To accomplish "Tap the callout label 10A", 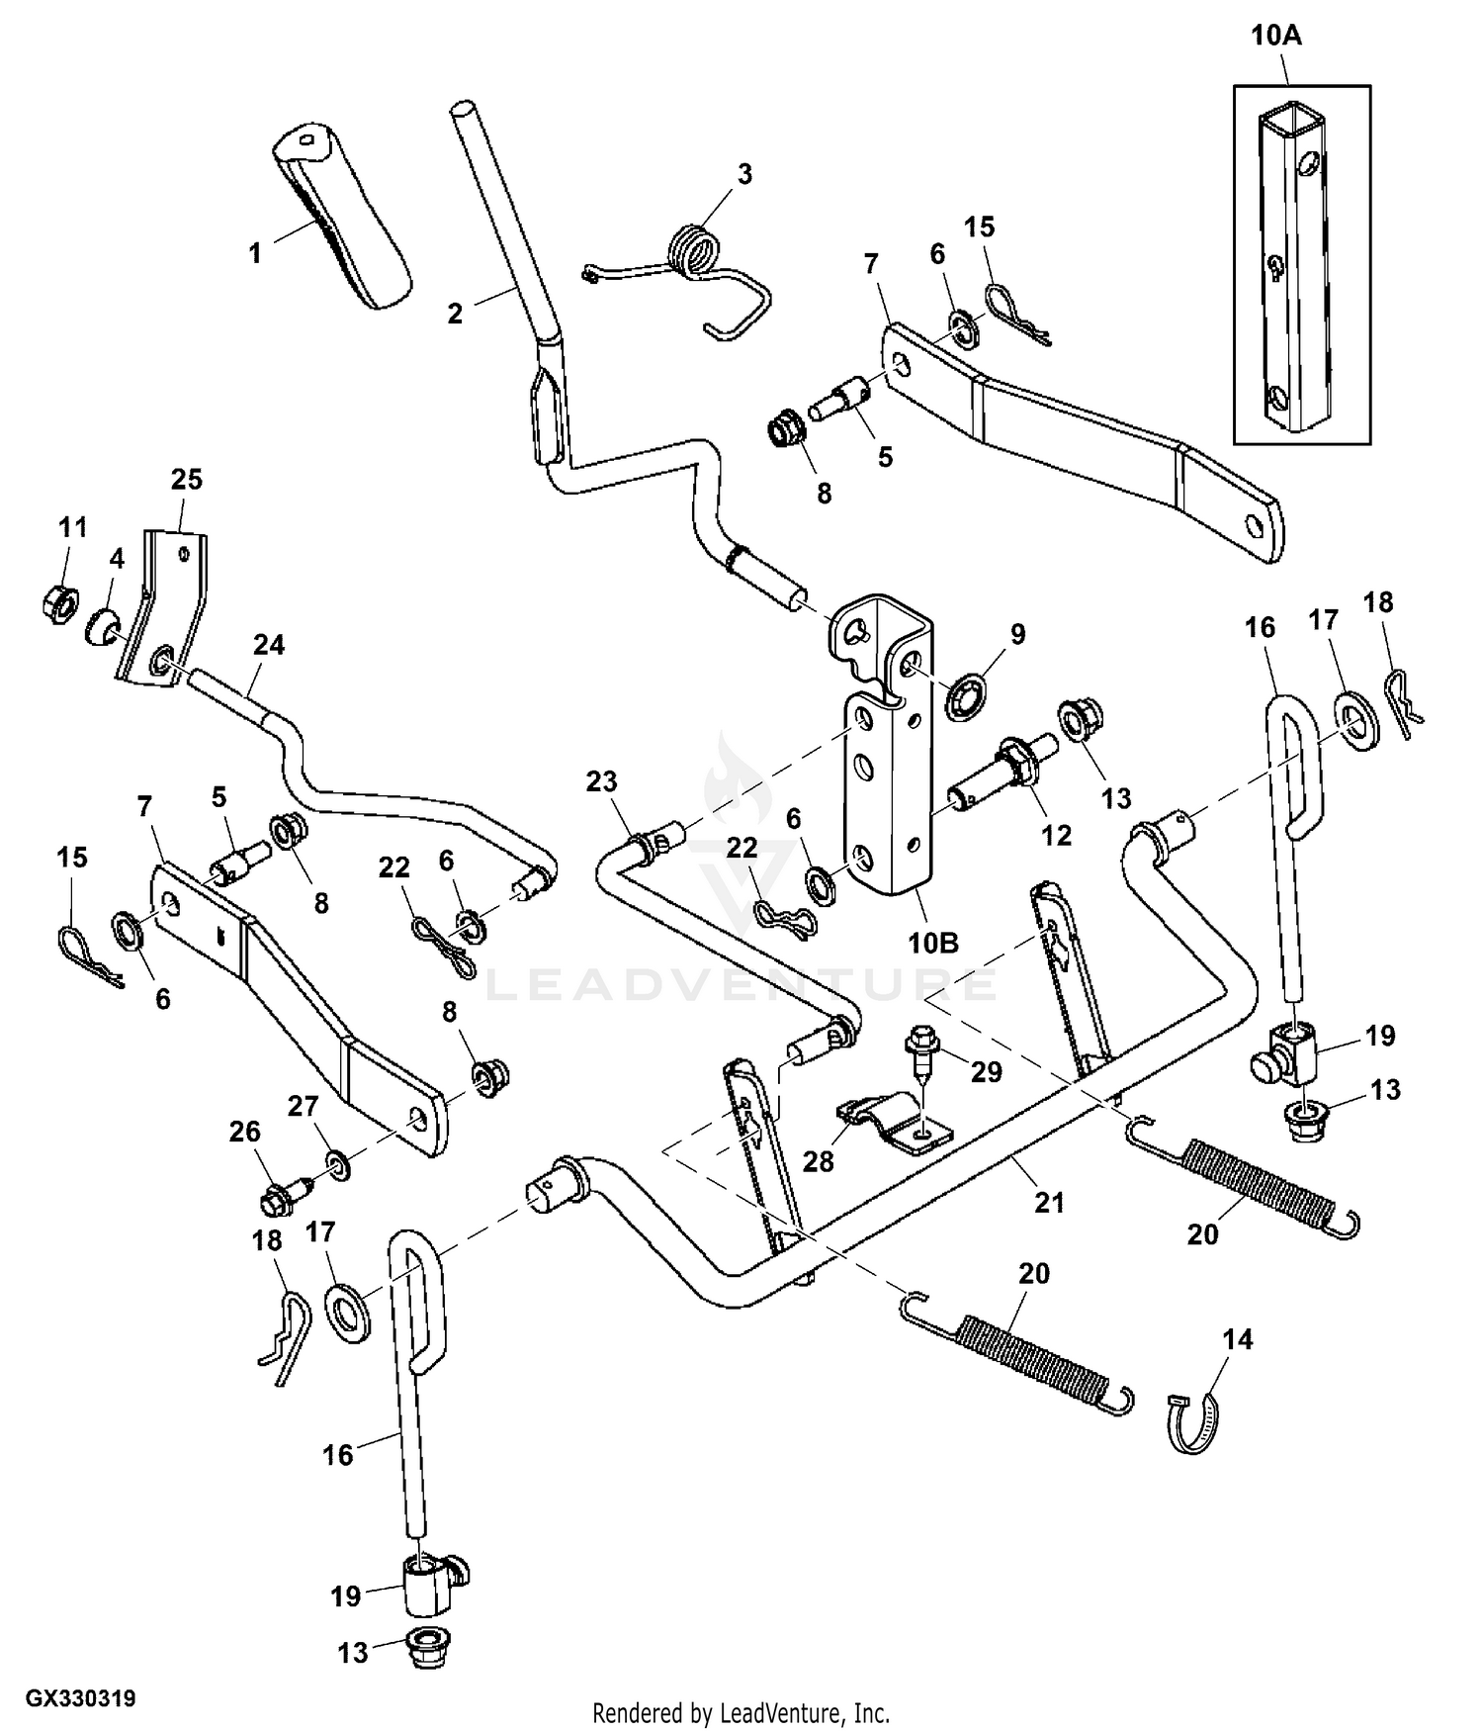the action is point(1275,37).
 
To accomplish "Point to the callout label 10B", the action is point(933,943).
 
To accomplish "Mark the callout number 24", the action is point(268,645).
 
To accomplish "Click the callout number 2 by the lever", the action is point(455,315).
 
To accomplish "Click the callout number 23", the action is point(601,781).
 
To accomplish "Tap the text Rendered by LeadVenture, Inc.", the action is point(741,1712).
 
